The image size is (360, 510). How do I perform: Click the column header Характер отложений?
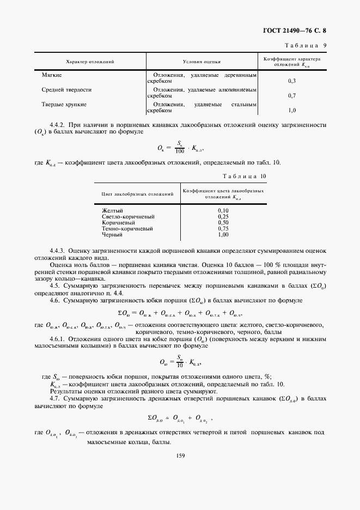coord(90,62)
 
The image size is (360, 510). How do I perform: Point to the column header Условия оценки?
coord(202,62)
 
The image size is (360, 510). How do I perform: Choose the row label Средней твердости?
coord(66,89)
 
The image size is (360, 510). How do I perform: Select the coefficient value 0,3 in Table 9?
coord(291,81)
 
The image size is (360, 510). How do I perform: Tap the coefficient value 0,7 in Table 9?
coord(291,96)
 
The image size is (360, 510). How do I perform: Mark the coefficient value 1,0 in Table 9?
coord(291,111)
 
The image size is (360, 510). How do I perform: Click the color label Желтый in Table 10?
coord(112,210)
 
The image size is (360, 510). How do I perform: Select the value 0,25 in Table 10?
coord(223,216)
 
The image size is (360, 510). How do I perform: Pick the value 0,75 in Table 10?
coord(223,229)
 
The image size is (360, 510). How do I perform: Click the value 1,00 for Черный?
coord(223,235)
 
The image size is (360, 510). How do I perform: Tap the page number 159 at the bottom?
coord(181,456)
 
